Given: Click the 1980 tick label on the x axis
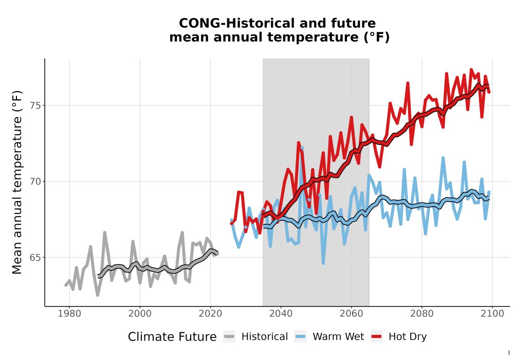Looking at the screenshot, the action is coord(69,314).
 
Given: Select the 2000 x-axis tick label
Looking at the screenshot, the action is coord(140,314).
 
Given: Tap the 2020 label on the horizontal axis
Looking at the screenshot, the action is coord(210,314).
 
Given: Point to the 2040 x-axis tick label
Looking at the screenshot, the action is coord(281,314).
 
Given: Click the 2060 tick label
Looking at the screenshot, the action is coord(352,314).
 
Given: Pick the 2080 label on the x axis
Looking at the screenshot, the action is coord(422,314).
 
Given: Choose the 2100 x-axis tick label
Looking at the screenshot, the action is coord(492,314).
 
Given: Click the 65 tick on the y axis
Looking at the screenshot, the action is coord(35,258).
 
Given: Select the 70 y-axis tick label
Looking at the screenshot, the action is coord(35,182).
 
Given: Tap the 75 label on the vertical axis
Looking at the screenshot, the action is coord(35,105).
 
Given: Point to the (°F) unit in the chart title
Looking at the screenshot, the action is coord(377,38).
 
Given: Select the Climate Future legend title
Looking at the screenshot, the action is coord(172,337).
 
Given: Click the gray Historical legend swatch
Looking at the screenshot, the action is coord(229,337).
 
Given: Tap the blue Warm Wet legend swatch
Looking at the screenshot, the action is coord(300,337).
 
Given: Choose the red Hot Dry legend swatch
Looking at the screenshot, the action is coord(377,337).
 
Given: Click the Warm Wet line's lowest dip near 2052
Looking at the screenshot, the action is coord(323,263).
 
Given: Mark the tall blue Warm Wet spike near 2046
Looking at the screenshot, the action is coord(302,149).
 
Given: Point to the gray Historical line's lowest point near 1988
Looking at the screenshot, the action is coord(97,295).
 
